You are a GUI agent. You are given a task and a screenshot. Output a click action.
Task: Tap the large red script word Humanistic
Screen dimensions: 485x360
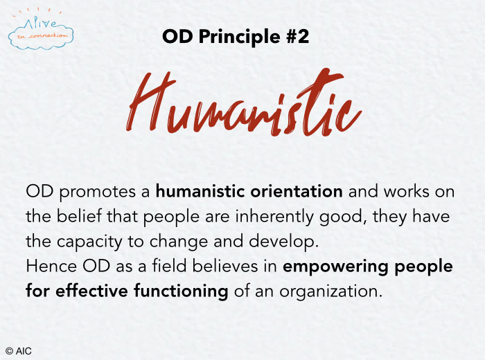click(x=244, y=102)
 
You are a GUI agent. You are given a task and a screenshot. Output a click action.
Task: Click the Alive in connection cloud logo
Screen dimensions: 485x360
click(x=41, y=30)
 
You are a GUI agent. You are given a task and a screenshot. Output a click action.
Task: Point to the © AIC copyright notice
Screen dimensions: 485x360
click(x=19, y=352)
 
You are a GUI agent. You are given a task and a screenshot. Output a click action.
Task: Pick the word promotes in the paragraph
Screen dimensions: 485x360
click(x=98, y=192)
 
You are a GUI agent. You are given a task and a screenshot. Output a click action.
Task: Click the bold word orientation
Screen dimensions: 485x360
click(x=297, y=191)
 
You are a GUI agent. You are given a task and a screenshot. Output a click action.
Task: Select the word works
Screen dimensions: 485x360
click(x=407, y=191)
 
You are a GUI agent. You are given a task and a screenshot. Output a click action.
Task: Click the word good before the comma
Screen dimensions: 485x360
click(x=340, y=217)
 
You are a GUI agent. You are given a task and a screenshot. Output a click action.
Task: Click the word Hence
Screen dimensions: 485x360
click(x=51, y=266)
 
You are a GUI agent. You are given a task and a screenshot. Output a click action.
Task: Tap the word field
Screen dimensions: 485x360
click(x=169, y=266)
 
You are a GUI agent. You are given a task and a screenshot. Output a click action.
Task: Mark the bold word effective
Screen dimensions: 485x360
click(x=91, y=291)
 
